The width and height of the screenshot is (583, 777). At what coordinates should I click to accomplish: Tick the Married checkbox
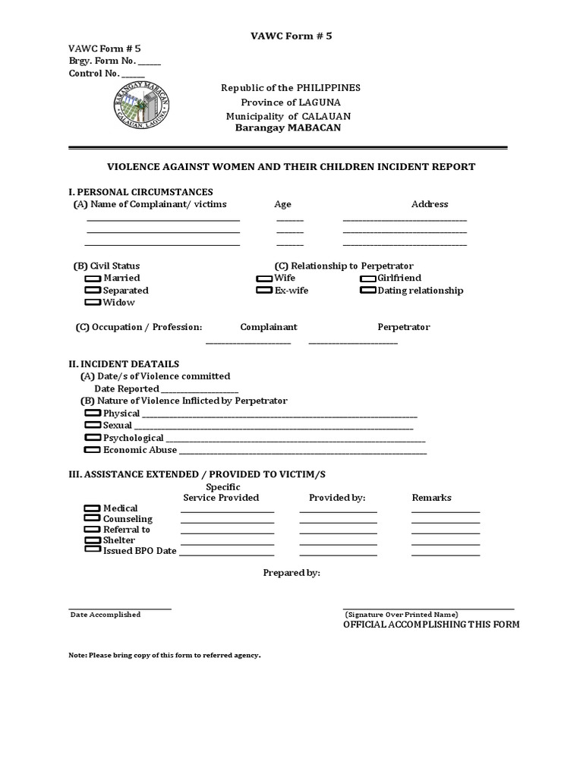[93, 278]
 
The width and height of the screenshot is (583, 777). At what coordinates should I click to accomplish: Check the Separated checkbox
[93, 291]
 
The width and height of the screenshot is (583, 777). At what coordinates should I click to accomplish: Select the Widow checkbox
[93, 303]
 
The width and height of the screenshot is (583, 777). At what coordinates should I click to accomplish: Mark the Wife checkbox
[264, 278]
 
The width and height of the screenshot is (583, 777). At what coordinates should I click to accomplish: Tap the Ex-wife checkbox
[264, 291]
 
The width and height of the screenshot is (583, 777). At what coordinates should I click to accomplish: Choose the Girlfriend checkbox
[368, 278]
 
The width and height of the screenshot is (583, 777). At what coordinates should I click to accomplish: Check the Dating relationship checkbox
[368, 291]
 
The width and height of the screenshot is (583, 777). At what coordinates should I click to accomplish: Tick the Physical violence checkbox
[93, 414]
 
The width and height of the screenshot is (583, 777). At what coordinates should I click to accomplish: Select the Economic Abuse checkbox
[93, 450]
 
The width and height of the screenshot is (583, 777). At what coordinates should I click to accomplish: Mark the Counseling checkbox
[93, 518]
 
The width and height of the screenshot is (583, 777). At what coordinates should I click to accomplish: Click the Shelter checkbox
[93, 539]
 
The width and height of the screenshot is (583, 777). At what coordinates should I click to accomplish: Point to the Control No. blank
[133, 75]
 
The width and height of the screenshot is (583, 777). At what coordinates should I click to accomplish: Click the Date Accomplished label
[106, 615]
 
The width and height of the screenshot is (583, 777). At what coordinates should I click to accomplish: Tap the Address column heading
[430, 204]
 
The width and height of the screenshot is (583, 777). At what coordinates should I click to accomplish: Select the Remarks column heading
[431, 498]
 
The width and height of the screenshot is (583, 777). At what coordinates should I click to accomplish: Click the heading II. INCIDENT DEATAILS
[124, 364]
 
